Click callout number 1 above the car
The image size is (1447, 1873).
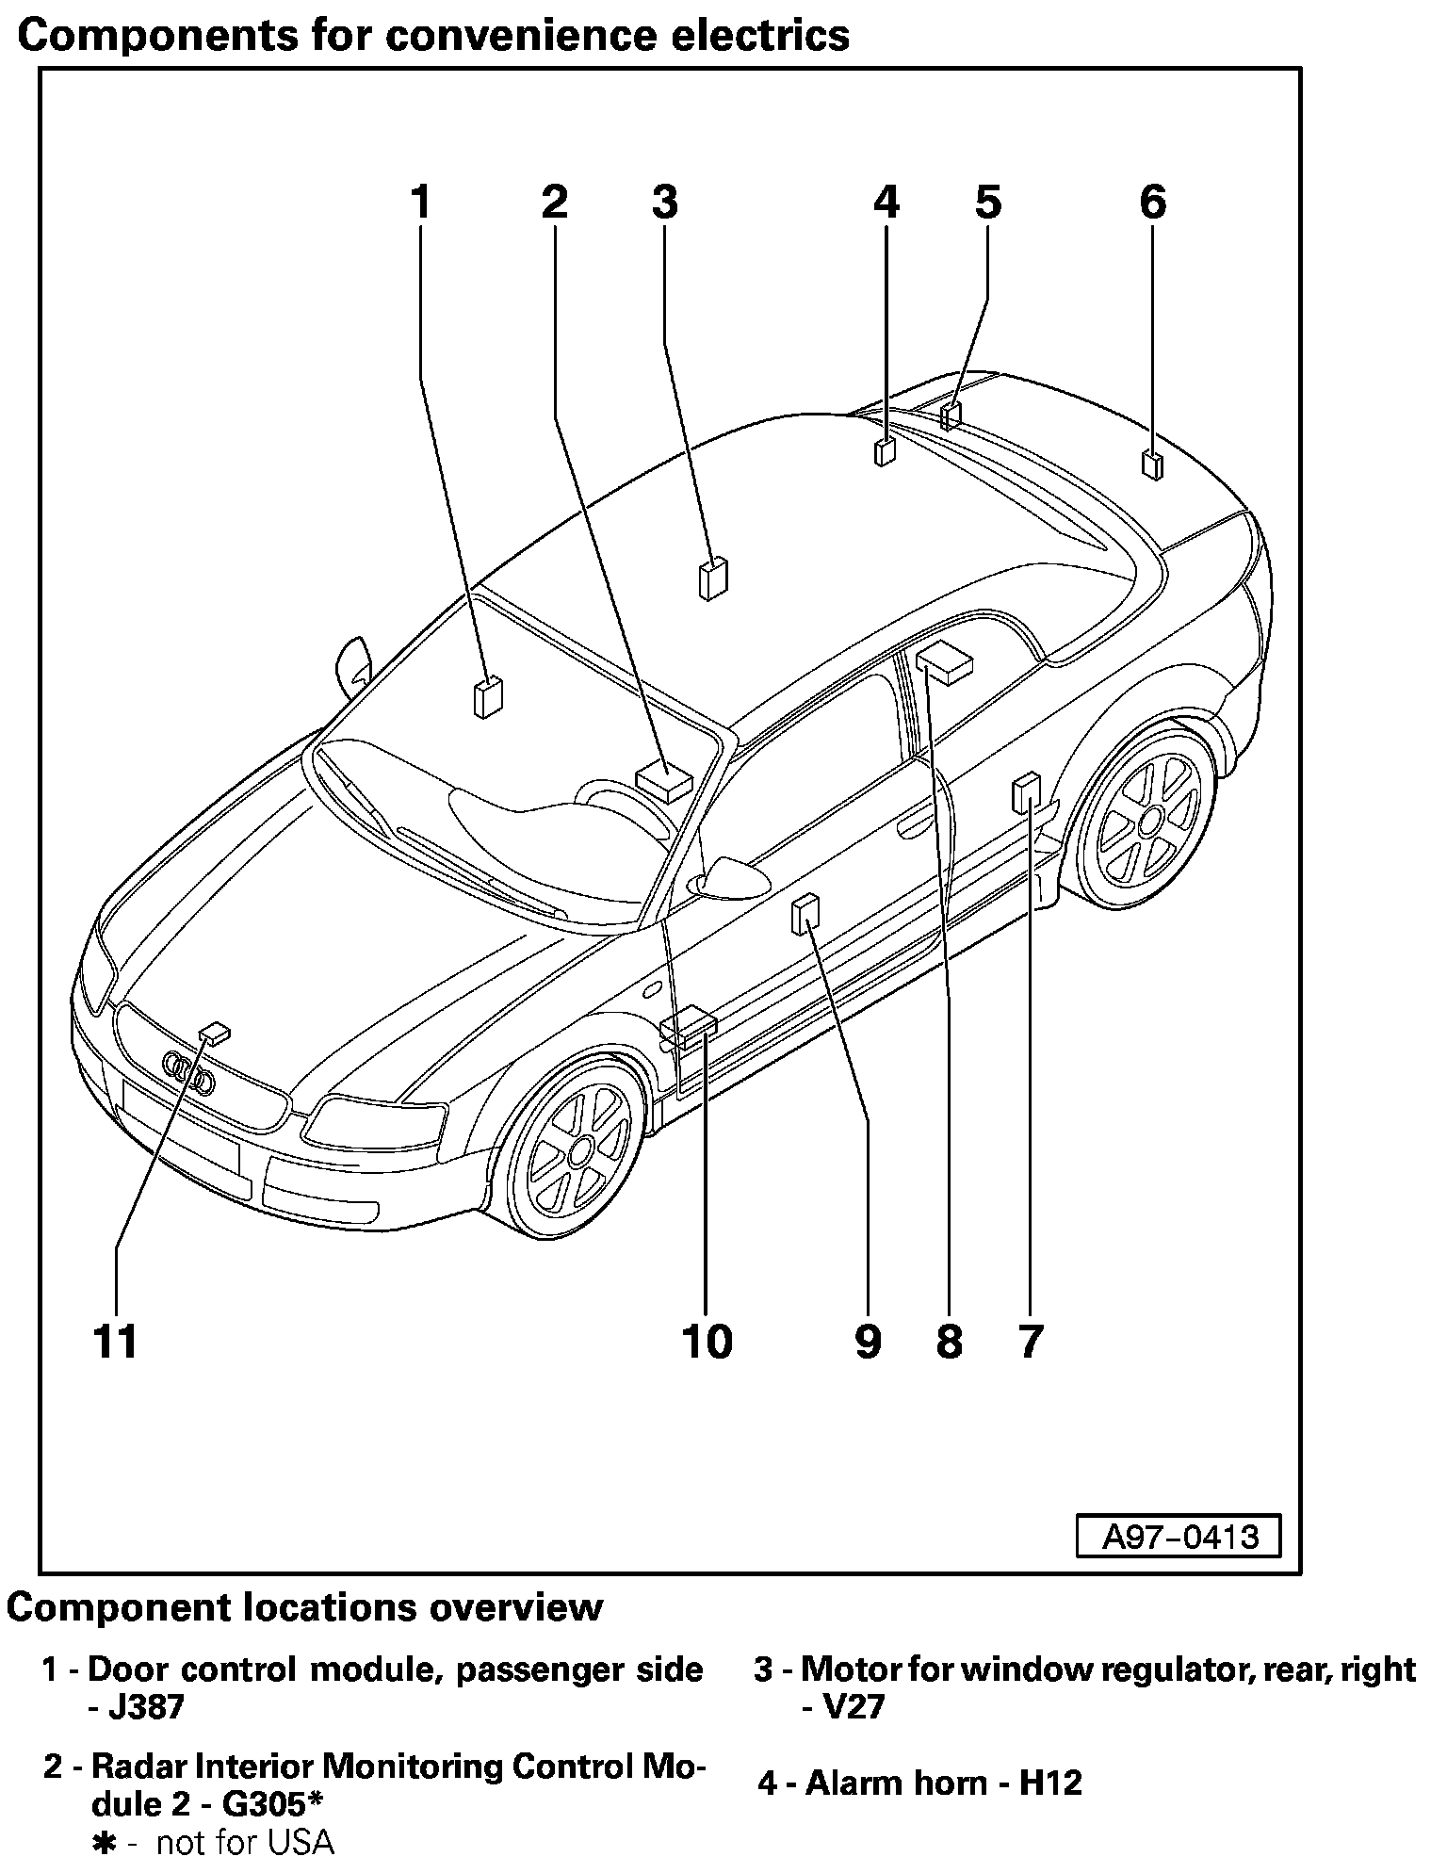(420, 203)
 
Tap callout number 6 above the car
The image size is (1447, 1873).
(1153, 203)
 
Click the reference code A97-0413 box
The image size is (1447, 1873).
(1179, 1537)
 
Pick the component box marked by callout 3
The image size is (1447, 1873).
(713, 578)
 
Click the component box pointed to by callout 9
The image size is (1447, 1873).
(805, 915)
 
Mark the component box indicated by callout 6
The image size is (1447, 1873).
(1151, 465)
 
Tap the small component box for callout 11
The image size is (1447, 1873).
(215, 1034)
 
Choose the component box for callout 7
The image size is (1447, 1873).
(1026, 792)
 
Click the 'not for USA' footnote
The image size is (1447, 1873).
(244, 1842)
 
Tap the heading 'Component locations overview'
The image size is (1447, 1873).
(304, 1607)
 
